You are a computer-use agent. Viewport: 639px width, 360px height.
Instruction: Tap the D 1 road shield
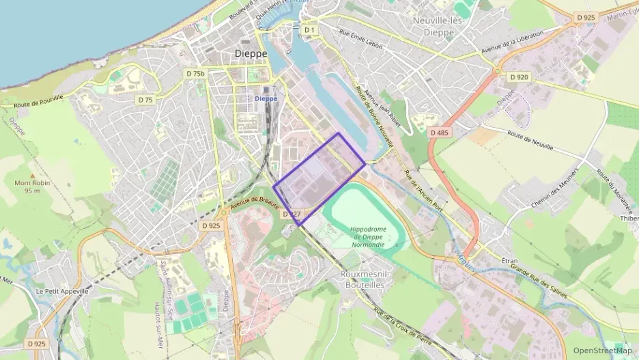click(310, 30)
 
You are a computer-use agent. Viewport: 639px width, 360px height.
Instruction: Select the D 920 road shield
click(519, 77)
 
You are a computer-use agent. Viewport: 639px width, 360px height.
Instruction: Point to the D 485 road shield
click(440, 133)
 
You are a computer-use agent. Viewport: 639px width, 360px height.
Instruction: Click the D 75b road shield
click(195, 73)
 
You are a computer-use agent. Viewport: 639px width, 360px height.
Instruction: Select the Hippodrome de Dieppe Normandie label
click(367, 237)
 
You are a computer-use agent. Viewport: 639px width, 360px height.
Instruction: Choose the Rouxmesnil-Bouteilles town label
click(364, 279)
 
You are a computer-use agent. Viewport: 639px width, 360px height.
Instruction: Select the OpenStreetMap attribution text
click(602, 350)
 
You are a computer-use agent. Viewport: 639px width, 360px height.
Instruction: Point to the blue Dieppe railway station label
click(266, 98)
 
